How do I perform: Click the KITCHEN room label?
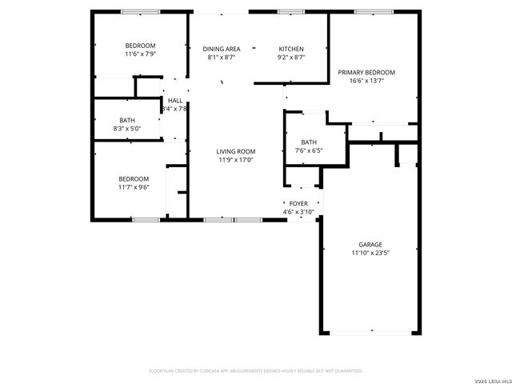[x=291, y=48]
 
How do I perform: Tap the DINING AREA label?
[x=222, y=48]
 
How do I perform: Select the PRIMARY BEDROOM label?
[x=366, y=72]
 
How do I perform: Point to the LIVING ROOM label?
[x=236, y=151]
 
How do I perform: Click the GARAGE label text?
[x=370, y=245]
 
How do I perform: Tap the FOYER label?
[x=298, y=204]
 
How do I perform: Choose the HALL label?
[x=175, y=100]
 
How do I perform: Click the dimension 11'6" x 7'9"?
[x=140, y=54]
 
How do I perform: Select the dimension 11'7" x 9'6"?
[x=134, y=187]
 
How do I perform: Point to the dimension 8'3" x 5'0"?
[x=129, y=128]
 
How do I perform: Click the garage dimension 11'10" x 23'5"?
[x=370, y=254]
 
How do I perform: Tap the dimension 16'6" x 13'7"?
[x=366, y=81]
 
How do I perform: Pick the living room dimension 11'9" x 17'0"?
[x=236, y=160]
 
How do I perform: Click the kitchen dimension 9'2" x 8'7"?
[x=291, y=57]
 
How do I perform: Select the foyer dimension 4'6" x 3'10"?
[x=298, y=212]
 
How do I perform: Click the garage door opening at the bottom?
[x=370, y=332]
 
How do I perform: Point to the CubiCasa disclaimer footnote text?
[x=256, y=370]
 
